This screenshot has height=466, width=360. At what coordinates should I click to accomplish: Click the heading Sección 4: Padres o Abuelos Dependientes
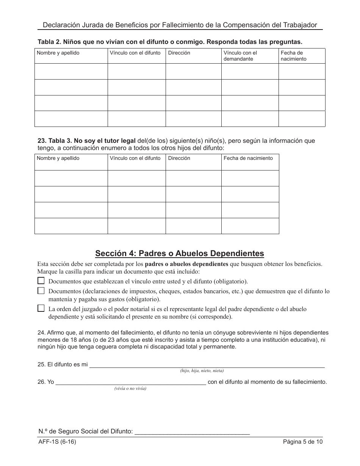(180, 253)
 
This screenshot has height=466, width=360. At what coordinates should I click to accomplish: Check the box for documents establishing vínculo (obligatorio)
(41, 281)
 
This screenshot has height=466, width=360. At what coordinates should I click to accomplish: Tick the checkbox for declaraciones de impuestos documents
(41, 291)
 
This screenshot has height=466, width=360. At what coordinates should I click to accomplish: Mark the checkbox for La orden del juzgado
(41, 308)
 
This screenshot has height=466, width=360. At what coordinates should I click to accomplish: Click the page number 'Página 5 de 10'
(302, 442)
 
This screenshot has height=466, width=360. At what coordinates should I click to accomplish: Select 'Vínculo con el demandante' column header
(240, 56)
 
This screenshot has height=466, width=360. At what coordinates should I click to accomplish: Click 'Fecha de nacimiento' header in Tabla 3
(248, 158)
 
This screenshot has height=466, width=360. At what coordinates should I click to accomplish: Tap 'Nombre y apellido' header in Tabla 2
(58, 53)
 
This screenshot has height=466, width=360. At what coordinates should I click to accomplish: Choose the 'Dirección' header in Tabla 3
(179, 158)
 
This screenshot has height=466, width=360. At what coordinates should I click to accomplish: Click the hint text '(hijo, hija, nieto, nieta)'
(202, 371)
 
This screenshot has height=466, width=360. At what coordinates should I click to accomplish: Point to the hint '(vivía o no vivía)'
(130, 388)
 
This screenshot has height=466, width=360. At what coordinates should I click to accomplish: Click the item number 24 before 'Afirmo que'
(41, 333)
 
